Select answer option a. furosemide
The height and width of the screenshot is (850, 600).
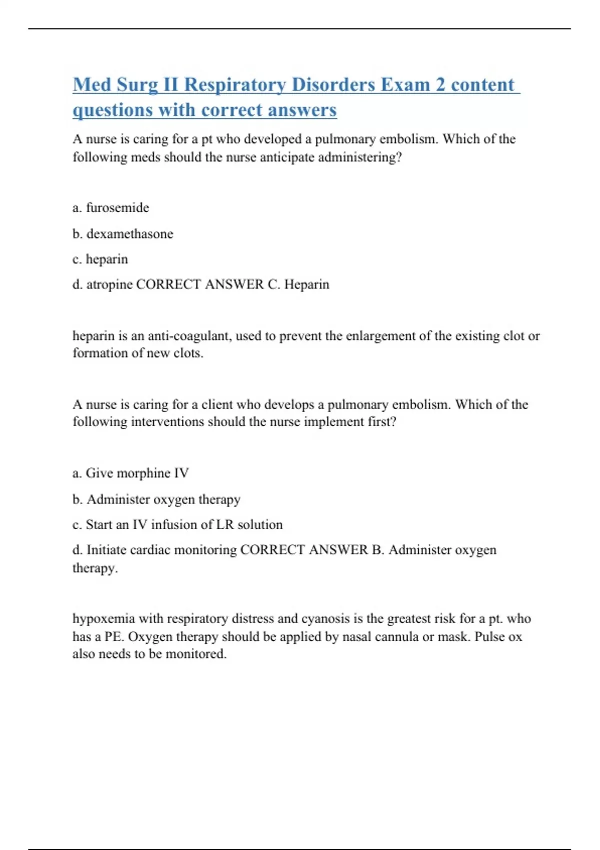[111, 208]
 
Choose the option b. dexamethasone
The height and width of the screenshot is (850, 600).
[123, 234]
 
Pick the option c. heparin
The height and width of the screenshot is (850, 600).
[100, 259]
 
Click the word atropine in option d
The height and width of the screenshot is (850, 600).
[109, 284]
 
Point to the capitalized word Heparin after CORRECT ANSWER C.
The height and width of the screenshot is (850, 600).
[307, 284]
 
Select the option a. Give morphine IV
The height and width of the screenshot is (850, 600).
[131, 473]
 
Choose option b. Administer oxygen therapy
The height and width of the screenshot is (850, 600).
[157, 499]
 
